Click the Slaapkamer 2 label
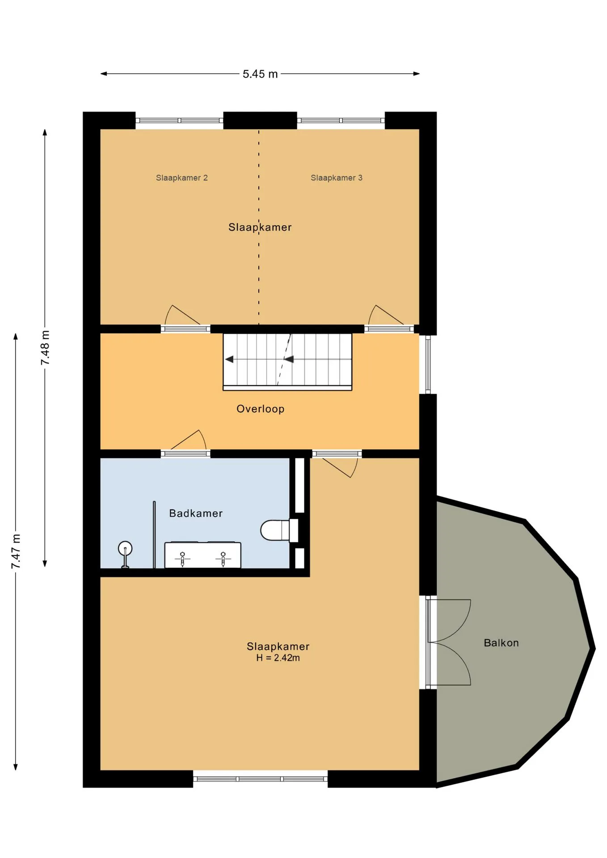(x=182, y=178)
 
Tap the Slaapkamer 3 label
(x=337, y=178)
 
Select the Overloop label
(x=260, y=409)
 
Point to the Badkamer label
(x=196, y=513)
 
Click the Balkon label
(x=501, y=643)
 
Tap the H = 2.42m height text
(x=278, y=658)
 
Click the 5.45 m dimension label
(x=260, y=74)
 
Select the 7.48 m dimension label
(x=45, y=348)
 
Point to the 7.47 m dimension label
(x=16, y=551)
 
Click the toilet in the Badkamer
(x=279, y=530)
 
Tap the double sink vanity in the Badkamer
(x=202, y=555)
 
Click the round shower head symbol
(x=125, y=548)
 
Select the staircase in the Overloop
(x=287, y=362)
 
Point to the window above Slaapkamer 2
(x=179, y=120)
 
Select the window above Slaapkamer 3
(x=341, y=120)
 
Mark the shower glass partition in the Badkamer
(x=154, y=534)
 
